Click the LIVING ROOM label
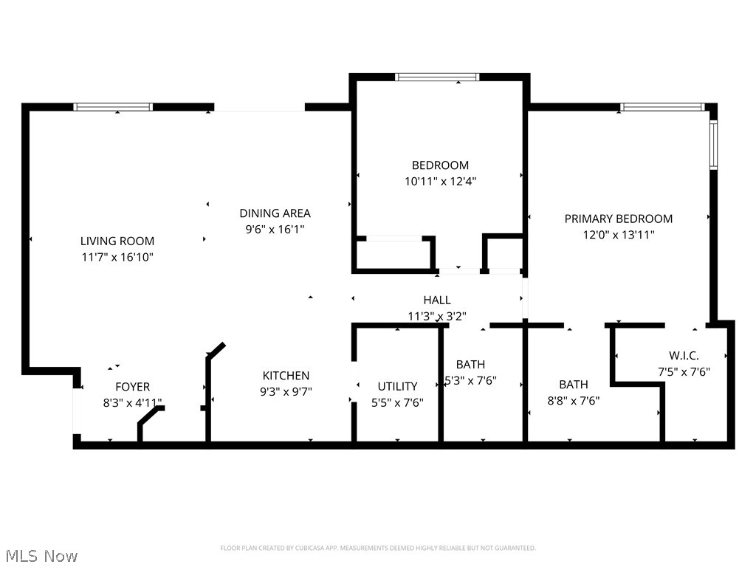point(117,241)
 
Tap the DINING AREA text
point(275,213)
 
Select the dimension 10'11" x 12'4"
point(440,181)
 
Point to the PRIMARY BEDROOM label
point(618,219)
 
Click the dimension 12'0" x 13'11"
point(619,235)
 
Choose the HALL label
point(437,300)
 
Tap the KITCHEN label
point(286,376)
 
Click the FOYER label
point(133,387)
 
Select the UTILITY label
point(397,386)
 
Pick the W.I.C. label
point(684,356)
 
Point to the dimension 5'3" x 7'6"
point(471,381)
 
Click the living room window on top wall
point(113,107)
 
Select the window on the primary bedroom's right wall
point(713,144)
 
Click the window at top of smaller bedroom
point(437,77)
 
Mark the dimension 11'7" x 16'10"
point(117,257)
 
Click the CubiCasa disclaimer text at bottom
point(378,548)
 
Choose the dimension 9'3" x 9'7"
point(286,392)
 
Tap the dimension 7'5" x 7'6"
point(684,372)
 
